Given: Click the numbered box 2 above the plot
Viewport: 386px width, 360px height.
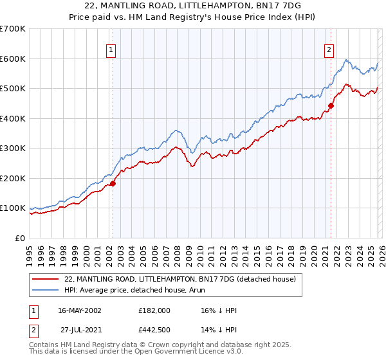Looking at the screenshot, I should (329, 50).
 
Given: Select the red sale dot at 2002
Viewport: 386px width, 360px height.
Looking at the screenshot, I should (113, 183).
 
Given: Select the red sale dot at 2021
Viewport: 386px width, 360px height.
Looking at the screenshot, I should (331, 106).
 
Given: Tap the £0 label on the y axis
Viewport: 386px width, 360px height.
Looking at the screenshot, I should (19, 238).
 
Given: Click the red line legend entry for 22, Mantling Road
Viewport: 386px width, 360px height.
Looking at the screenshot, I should (179, 279).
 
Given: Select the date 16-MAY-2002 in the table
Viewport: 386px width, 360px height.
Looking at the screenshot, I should (79, 310).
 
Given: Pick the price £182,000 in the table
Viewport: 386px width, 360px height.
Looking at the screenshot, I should (154, 310).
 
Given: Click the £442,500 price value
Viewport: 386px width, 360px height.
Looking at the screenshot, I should (154, 331).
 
